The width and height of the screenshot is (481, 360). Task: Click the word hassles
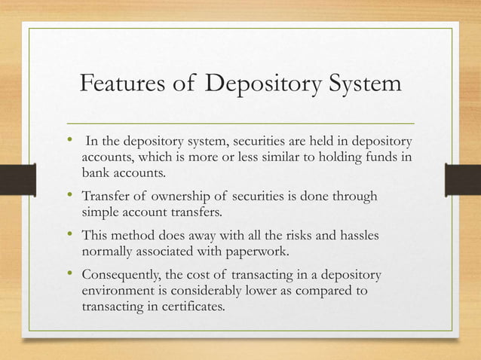(358, 236)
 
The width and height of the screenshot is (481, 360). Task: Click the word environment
(119, 291)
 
